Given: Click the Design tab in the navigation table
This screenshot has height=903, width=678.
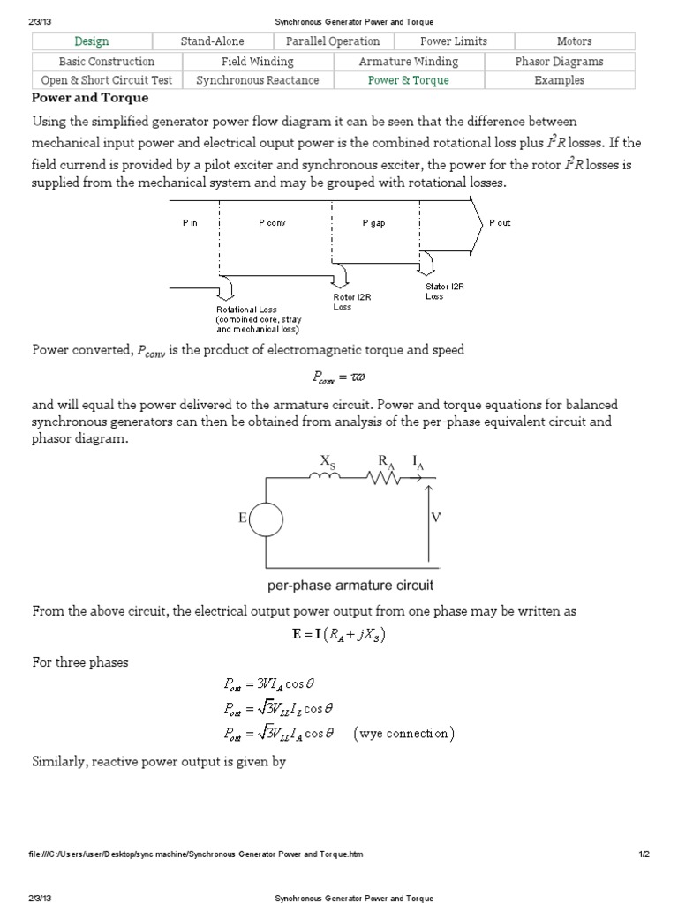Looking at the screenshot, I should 92,41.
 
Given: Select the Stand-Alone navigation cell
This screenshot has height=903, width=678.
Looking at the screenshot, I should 213,41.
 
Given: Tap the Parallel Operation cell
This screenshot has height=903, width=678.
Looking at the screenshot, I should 333,41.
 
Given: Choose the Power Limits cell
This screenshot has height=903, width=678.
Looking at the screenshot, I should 454,41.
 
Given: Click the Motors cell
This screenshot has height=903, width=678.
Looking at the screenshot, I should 574,41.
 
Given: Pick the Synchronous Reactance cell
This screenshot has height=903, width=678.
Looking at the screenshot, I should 258,80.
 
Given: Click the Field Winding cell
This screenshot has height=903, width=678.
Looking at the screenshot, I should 258,62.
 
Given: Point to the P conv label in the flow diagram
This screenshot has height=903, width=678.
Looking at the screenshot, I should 272,223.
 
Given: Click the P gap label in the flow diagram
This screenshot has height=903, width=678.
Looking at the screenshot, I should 373,223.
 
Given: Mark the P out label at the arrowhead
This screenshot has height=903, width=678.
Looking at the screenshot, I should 500,223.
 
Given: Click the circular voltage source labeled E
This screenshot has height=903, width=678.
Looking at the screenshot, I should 265,520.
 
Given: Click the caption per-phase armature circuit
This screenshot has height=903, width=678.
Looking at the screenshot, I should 350,586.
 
